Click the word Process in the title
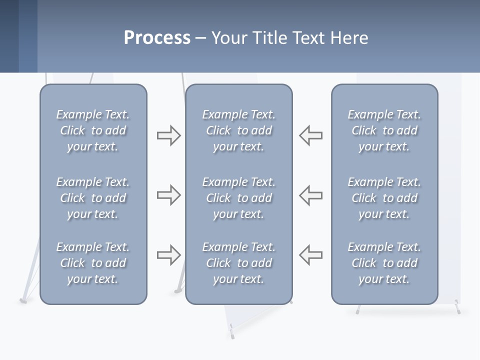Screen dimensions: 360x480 (157, 38)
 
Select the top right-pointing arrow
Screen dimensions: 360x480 (168, 135)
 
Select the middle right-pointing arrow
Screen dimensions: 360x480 (168, 195)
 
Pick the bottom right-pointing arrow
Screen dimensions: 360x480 (168, 255)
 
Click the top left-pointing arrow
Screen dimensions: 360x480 (311, 135)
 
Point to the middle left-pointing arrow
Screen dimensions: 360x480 (311, 195)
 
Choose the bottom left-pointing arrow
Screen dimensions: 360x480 (311, 255)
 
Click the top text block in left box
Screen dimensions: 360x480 (93, 130)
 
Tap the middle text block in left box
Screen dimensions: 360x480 (93, 198)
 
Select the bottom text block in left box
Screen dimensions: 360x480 (93, 263)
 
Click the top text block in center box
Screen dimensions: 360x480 (238, 130)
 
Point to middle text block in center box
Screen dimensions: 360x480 (238, 198)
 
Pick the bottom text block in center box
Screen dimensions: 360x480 (238, 263)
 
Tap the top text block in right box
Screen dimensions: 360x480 (384, 130)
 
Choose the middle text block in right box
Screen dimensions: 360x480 (384, 198)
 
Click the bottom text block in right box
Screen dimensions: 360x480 (384, 263)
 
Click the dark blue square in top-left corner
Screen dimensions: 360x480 (9, 36)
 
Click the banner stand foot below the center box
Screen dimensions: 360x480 (231, 330)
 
